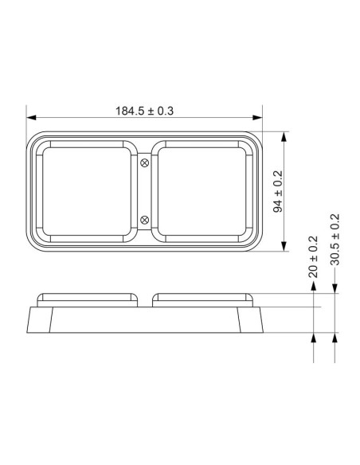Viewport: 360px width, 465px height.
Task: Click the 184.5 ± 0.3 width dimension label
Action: [145, 111]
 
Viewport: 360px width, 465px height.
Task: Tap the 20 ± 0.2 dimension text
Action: [314, 256]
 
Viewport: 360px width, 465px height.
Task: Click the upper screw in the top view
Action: [144, 163]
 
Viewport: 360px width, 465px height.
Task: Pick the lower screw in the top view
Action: [144, 219]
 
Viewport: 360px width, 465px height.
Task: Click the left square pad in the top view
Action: [86, 191]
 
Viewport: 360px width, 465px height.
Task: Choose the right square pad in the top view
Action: [203, 191]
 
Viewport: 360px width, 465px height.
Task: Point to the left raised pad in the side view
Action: [86, 299]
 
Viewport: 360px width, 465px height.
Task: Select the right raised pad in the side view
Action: [203, 299]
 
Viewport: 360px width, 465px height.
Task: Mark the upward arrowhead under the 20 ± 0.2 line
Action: [315, 338]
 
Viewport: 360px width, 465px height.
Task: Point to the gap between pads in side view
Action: [144, 299]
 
